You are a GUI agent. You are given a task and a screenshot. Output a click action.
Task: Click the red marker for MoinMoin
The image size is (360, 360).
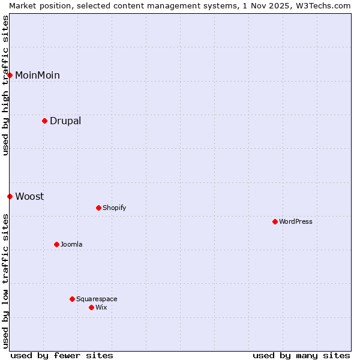(10, 75)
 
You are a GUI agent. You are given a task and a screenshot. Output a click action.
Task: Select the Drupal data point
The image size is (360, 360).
(45, 121)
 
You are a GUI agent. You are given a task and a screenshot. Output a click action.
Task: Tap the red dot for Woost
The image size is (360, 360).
(10, 196)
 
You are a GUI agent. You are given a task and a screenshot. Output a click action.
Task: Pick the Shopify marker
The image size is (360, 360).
(99, 208)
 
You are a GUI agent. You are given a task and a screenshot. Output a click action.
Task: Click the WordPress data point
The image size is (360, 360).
(275, 221)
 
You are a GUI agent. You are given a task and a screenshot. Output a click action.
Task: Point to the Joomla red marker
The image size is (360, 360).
(57, 244)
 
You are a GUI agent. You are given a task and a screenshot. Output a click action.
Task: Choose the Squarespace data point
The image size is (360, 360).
(73, 299)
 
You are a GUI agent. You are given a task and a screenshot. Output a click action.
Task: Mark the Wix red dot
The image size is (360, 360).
(92, 307)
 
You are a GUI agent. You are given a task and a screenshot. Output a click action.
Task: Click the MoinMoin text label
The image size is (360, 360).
(37, 75)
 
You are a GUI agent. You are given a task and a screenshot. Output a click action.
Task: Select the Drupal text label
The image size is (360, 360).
(65, 121)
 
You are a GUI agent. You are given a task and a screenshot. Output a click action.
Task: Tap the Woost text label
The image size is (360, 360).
(29, 196)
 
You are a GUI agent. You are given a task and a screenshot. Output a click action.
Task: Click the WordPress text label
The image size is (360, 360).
(296, 221)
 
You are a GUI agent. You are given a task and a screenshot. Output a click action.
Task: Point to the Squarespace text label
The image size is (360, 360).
(97, 299)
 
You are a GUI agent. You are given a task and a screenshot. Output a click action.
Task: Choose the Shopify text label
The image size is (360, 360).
(115, 208)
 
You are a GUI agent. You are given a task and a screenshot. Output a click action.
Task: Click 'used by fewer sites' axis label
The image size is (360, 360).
(62, 355)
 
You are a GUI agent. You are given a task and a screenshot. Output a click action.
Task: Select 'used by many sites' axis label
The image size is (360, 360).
(301, 355)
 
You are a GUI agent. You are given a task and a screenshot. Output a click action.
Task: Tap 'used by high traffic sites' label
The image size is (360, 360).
(5, 85)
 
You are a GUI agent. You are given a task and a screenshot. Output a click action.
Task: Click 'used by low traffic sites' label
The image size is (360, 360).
(5, 281)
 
